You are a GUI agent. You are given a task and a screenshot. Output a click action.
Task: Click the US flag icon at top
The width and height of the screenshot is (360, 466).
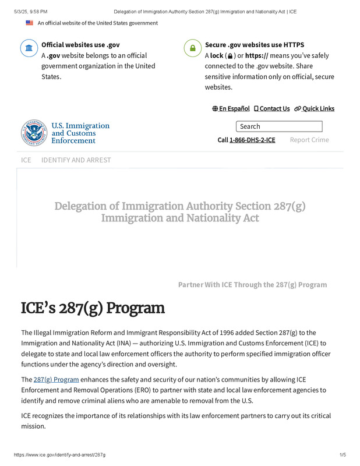pyautogui.click(x=29, y=23)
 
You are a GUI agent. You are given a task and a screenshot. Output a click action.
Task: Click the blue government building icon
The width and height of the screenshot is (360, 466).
pyautogui.click(x=29, y=48)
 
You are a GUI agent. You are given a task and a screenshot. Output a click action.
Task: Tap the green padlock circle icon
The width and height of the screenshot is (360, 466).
pyautogui.click(x=192, y=48)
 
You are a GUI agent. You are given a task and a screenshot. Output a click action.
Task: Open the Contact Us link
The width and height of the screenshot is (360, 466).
pyautogui.click(x=271, y=108)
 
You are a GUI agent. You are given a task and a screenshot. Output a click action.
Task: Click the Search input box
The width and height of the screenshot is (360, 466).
pyautogui.click(x=278, y=126)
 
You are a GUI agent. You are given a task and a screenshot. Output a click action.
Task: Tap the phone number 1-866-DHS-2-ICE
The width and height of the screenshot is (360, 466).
pyautogui.click(x=252, y=140)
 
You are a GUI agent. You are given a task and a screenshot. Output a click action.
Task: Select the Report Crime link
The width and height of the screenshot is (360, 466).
pyautogui.click(x=309, y=140)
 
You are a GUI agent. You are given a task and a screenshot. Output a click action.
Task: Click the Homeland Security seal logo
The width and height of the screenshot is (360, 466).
pyautogui.click(x=34, y=133)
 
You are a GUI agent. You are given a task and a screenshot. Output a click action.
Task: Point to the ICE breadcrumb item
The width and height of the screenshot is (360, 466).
pyautogui.click(x=26, y=160)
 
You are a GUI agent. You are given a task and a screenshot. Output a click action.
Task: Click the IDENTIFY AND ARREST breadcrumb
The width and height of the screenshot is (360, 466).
pyautogui.click(x=76, y=160)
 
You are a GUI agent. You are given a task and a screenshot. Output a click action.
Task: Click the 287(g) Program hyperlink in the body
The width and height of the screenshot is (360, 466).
pyautogui.click(x=56, y=379)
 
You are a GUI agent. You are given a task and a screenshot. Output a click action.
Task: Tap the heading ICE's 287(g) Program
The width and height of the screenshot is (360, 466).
pyautogui.click(x=93, y=308)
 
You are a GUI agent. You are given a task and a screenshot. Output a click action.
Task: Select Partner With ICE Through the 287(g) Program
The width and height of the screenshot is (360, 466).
pyautogui.click(x=252, y=284)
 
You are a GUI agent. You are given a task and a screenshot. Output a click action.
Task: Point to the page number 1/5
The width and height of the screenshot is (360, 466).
pyautogui.click(x=343, y=454)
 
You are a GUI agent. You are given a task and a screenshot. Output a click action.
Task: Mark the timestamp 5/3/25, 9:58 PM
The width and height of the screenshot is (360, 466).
pyautogui.click(x=28, y=11)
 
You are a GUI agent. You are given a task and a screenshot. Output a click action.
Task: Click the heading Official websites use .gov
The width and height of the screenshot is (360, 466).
pyautogui.click(x=80, y=44)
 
